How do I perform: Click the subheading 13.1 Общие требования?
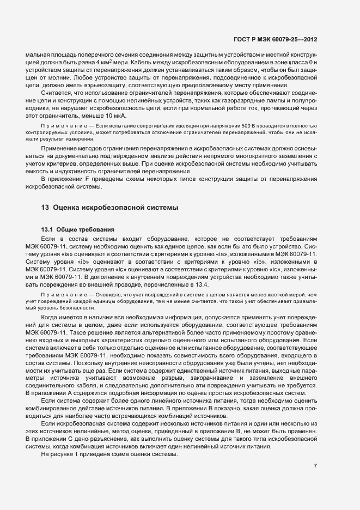click(78, 229)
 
